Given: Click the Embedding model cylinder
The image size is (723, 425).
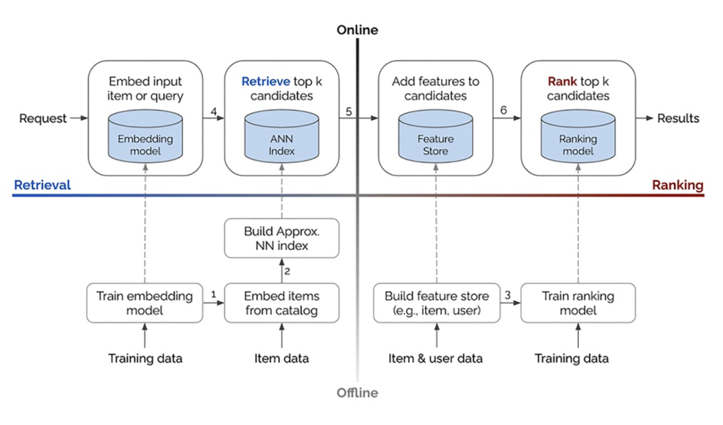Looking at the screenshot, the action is coord(145,136).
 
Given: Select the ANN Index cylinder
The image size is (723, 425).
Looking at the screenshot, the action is coord(282,136).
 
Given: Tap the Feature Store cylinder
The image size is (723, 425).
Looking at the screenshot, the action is coord(436,136).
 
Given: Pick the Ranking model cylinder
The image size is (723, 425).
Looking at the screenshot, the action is coord(578,136).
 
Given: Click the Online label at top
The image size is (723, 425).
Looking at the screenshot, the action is coord(357,30).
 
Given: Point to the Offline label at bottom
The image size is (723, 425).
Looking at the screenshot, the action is coord(357,393).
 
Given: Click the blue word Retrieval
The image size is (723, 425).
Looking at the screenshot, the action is coord(42,185).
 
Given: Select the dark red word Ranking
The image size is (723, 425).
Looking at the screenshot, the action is coord(677,185).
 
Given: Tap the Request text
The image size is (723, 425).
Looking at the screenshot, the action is coord(43,119).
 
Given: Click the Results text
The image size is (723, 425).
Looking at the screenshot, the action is coord(679,119).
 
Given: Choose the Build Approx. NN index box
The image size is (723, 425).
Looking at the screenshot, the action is coord(282,239).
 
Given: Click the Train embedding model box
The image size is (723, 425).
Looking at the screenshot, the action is coord(145,303).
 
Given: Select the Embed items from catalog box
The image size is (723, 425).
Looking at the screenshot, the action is coord(282,303).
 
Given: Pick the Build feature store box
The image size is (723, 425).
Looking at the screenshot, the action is coord(436,303).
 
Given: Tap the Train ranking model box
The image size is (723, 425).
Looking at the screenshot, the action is coord(578,303).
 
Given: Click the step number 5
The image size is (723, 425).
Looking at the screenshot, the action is coord(349,112).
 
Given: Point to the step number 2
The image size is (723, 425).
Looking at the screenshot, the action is coord(287,272).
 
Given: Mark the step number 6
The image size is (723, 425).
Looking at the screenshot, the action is coord(503,110).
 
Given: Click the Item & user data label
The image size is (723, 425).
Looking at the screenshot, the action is coord(435,358).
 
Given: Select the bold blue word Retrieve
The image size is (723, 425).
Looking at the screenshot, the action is coord(266,82).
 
